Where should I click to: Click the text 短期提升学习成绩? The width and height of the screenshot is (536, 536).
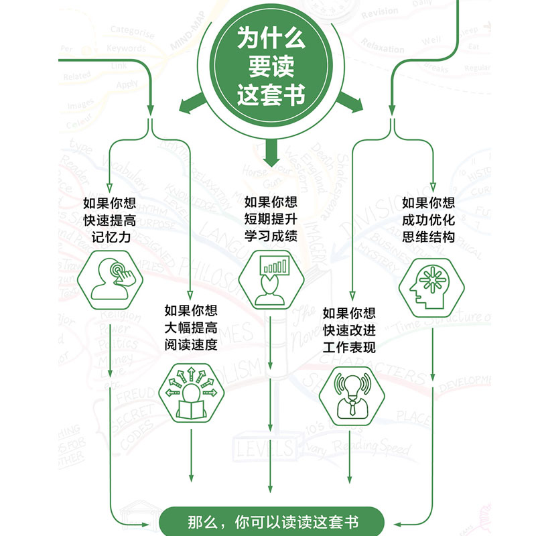pyautogui.click(x=270, y=218)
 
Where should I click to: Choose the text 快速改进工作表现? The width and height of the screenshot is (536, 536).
pyautogui.click(x=349, y=330)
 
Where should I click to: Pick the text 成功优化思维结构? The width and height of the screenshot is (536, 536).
pyautogui.click(x=428, y=220)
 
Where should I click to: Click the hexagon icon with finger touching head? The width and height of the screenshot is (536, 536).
pyautogui.click(x=111, y=283)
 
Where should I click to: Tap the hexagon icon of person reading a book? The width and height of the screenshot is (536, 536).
pyautogui.click(x=191, y=393)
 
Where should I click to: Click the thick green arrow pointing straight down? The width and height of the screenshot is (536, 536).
pyautogui.click(x=271, y=153)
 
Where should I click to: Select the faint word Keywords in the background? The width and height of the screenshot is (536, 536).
pyautogui.click(x=126, y=48)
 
